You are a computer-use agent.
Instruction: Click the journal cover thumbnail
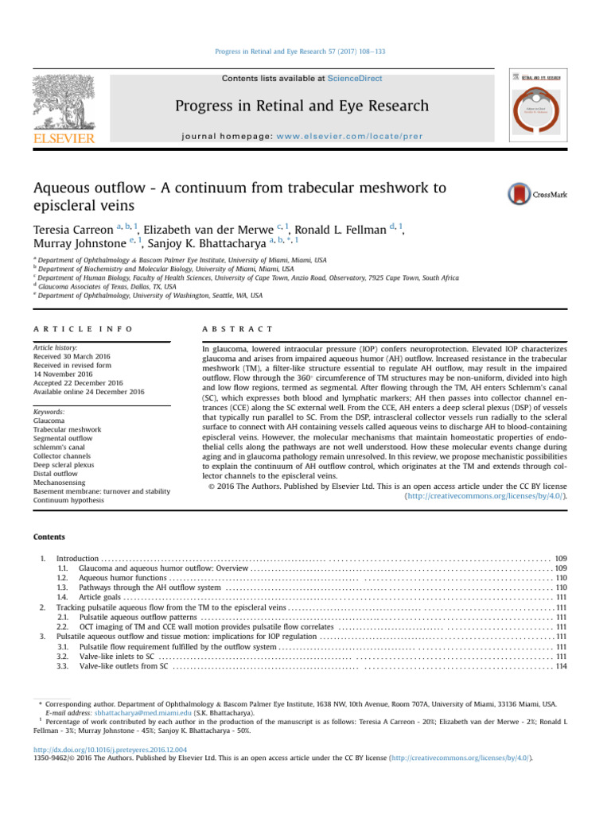538,105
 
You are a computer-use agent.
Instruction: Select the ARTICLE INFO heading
77,328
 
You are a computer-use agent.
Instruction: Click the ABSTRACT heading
239,328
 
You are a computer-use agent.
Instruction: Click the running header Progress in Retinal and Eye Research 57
305,52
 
